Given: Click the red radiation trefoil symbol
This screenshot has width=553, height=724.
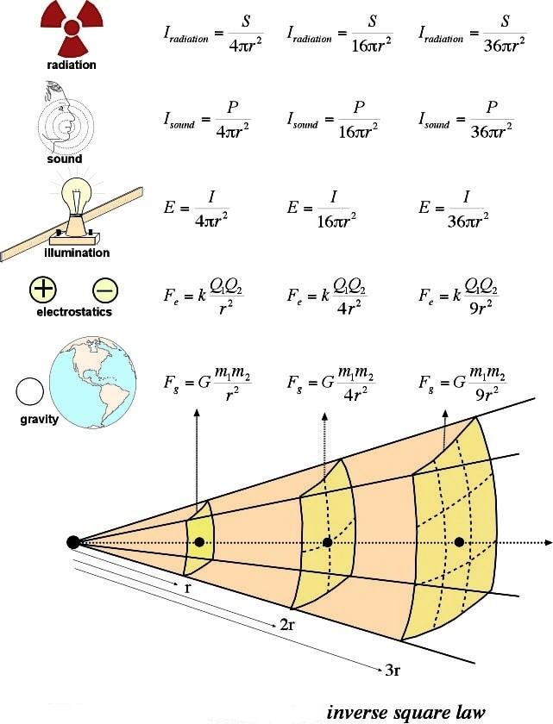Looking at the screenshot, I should coord(72,28).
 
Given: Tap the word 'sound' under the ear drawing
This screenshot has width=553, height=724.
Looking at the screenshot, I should coord(65,159).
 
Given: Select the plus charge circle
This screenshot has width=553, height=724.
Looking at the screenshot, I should coord(43,290).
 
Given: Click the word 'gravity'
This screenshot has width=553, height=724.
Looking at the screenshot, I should coord(40,420).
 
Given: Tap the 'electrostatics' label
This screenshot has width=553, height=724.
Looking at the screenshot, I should coord(74,312).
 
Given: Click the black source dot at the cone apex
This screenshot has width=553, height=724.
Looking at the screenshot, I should coord(73,541).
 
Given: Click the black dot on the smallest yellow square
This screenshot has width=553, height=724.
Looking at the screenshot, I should coord(199,541).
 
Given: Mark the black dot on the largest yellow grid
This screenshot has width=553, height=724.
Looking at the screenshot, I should coord(459,541).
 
